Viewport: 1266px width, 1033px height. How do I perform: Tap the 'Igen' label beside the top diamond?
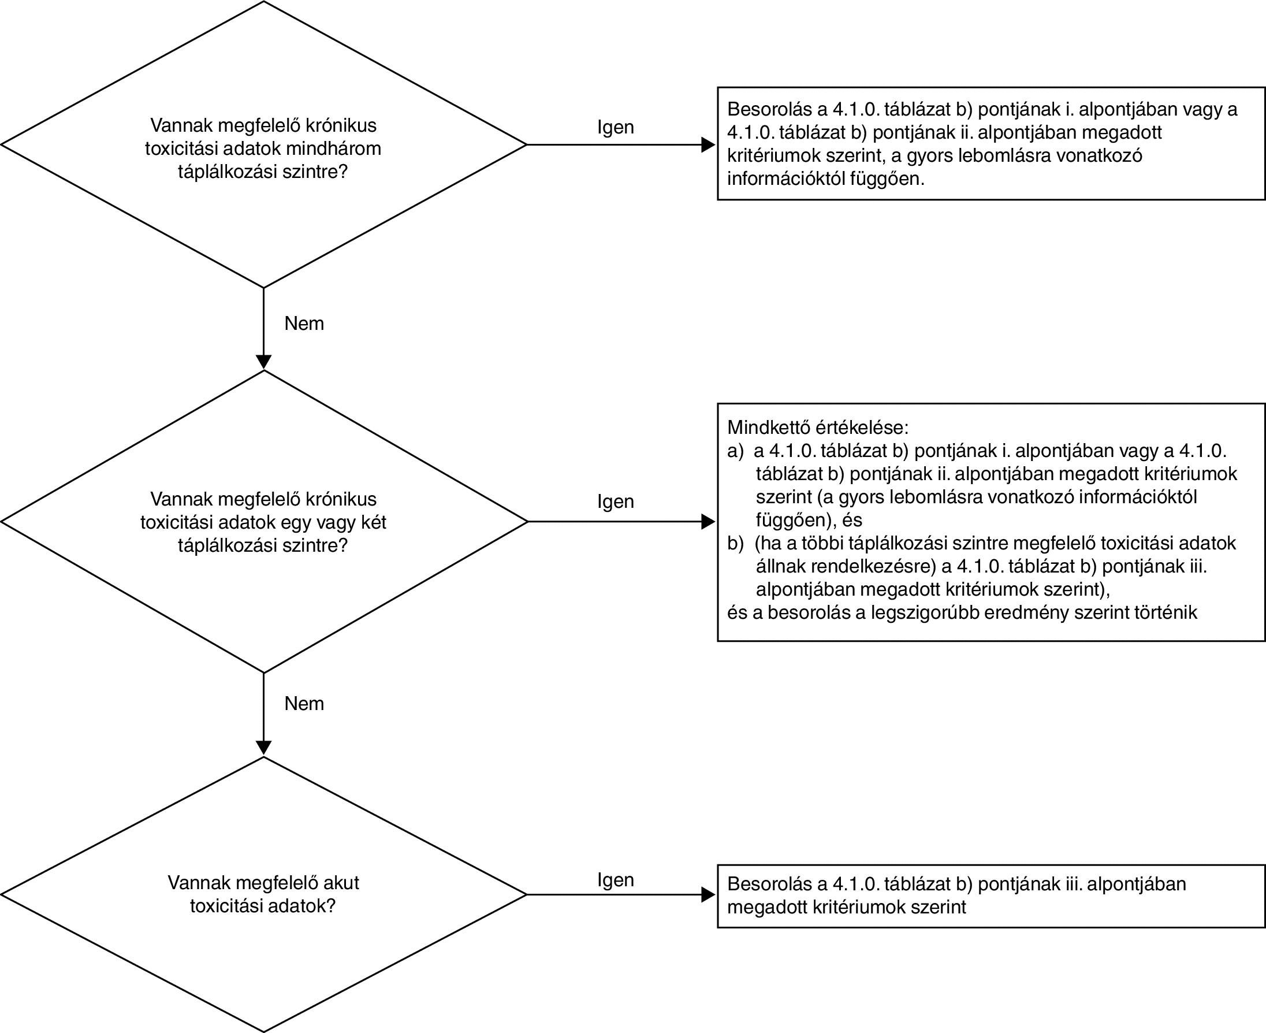[616, 127]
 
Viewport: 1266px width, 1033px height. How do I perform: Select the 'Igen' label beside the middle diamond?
[616, 501]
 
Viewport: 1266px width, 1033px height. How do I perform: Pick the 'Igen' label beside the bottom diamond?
[616, 879]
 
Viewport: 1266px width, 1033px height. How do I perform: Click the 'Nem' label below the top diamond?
[304, 323]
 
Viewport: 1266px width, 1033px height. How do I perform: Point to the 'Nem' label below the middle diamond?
[304, 703]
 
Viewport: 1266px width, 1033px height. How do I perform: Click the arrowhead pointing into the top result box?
[708, 144]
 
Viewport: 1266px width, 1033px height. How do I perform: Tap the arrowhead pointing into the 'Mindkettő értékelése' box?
[708, 522]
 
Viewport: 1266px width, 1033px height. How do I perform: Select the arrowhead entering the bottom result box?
[708, 894]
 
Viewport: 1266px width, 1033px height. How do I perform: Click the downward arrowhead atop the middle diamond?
[263, 362]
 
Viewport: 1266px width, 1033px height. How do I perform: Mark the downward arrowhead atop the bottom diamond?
[263, 748]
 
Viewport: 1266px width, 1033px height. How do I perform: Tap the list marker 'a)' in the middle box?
[735, 451]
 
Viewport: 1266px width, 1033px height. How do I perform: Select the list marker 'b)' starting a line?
[735, 543]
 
